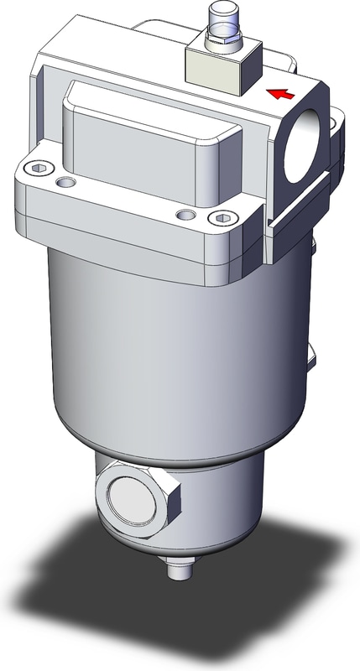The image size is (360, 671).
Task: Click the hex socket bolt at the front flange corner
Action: point(222,220)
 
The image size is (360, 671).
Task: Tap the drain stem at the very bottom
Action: point(177,571)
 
